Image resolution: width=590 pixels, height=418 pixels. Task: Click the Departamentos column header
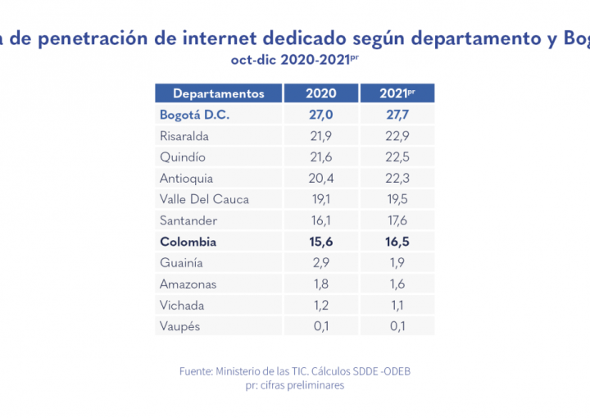pos(218,93)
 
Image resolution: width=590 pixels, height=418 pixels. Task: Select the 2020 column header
pos(320,93)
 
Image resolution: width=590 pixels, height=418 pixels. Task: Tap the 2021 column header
pos(397,93)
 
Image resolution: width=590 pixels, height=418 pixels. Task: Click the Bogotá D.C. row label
pos(195,115)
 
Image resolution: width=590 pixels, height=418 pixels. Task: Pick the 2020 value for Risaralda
pos(320,136)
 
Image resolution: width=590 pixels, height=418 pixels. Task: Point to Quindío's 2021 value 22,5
pos(397,157)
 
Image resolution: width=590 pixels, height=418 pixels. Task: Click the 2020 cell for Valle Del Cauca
pos(320,199)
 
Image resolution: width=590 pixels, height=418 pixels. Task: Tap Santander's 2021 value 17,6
pos(397,220)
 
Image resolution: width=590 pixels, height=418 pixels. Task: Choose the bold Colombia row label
pos(188,242)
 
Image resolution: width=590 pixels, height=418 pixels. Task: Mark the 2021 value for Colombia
pos(397,242)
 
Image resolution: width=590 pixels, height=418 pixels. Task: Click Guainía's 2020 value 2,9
pos(320,263)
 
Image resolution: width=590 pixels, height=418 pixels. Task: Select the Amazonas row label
pos(188,284)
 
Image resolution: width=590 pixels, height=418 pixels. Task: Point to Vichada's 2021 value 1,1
pos(397,306)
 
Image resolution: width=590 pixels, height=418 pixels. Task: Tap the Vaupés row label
pos(180,327)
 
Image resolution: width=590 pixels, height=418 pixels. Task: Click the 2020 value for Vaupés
pos(320,327)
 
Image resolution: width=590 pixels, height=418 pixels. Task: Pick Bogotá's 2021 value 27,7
pos(397,115)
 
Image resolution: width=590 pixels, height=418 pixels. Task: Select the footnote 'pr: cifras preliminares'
pos(295,385)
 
